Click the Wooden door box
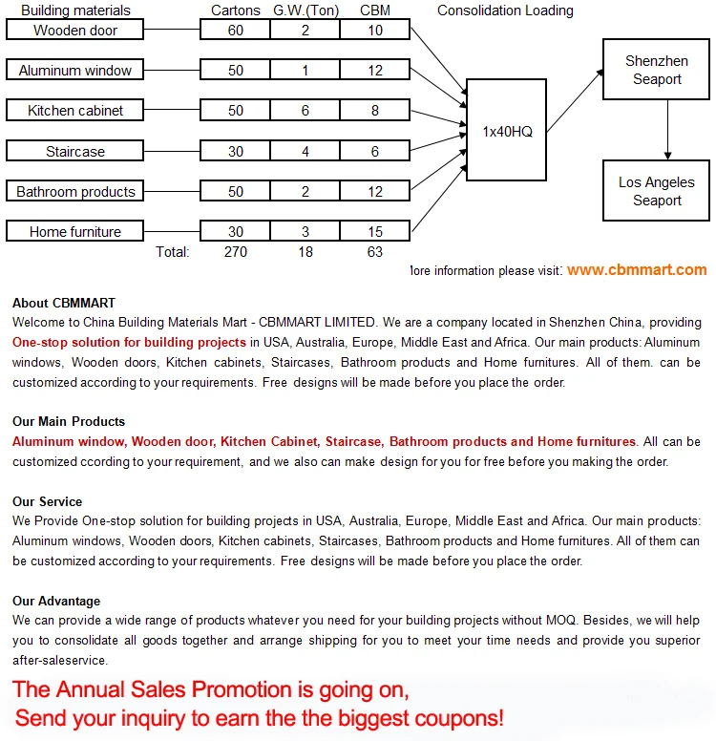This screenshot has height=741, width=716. pos(75,31)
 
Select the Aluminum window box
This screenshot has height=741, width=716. pos(75,71)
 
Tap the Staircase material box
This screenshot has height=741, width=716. pos(75,151)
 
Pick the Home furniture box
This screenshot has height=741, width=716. pos(75,231)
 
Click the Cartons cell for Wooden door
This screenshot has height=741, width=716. pos(235,31)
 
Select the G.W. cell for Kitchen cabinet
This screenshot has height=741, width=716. pos(305,111)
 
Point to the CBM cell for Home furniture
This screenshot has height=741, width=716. pos(375,231)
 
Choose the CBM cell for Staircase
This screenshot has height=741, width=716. pos(375,151)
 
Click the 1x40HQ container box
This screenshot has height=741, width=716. pos(507,131)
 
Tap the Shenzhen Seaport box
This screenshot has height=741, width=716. pos(656,70)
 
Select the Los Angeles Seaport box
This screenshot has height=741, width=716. pos(656,191)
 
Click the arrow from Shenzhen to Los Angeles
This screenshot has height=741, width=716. pos(668,130)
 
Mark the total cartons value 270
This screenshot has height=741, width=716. pos(235,252)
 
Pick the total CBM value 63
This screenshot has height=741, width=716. pos(375,252)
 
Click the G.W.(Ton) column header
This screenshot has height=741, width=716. pos(305,11)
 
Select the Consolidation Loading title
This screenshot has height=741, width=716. pos(505,11)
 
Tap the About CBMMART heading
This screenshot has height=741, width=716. pos(64,303)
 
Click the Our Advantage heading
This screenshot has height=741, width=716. pos(56,601)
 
